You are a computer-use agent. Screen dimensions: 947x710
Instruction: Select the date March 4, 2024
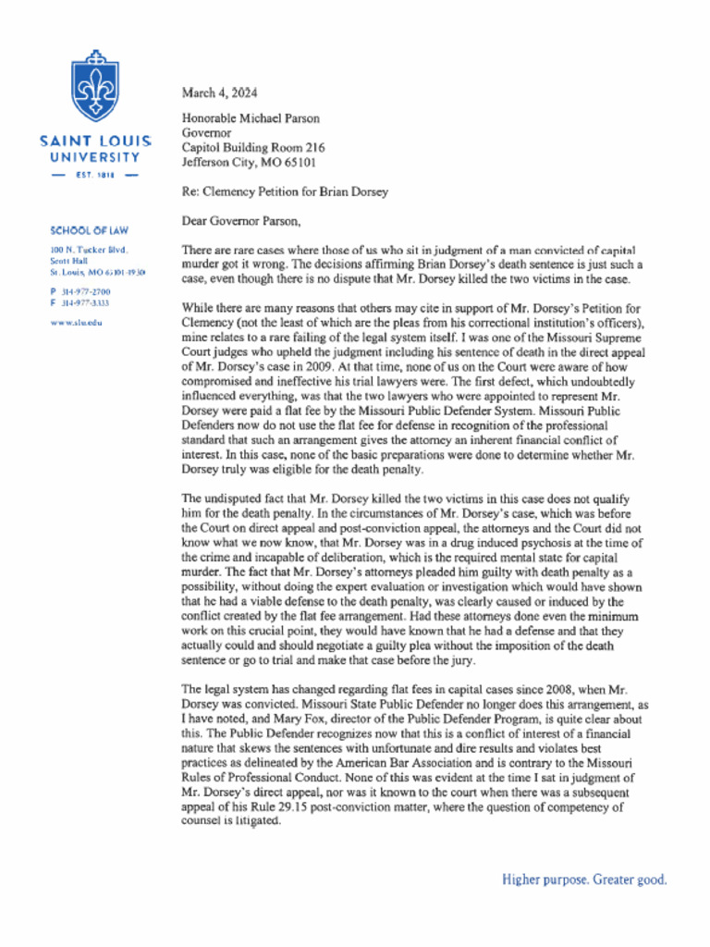click(219, 92)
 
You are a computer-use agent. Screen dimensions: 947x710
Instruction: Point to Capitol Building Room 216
click(253, 148)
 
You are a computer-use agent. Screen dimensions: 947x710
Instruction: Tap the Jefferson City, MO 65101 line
click(249, 162)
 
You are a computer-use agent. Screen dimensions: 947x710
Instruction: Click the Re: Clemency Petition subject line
click(285, 192)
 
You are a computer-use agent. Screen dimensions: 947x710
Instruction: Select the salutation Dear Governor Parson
click(242, 221)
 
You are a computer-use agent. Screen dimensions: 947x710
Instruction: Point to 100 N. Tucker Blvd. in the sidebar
click(89, 251)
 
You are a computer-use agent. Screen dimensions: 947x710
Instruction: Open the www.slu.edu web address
click(76, 322)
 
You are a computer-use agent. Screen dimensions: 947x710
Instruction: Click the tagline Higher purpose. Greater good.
click(584, 879)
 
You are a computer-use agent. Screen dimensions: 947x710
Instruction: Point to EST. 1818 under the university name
click(95, 174)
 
